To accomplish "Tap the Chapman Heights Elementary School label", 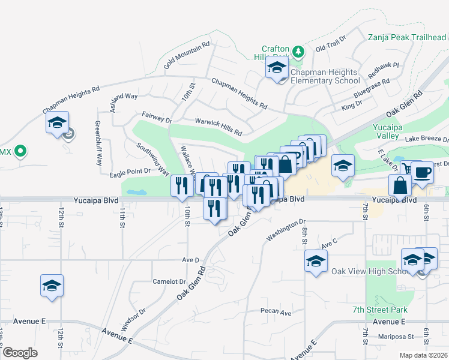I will pyautogui.click(x=325, y=76).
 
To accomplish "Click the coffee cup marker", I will pyautogui.click(x=421, y=172).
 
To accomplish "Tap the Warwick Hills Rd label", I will pyautogui.click(x=218, y=127).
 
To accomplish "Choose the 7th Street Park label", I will pyautogui.click(x=380, y=310).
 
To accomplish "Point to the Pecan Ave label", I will pyautogui.click(x=276, y=312).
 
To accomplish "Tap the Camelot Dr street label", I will pyautogui.click(x=169, y=281).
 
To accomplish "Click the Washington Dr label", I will pyautogui.click(x=286, y=230).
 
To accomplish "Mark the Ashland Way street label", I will pyautogui.click(x=124, y=96).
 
